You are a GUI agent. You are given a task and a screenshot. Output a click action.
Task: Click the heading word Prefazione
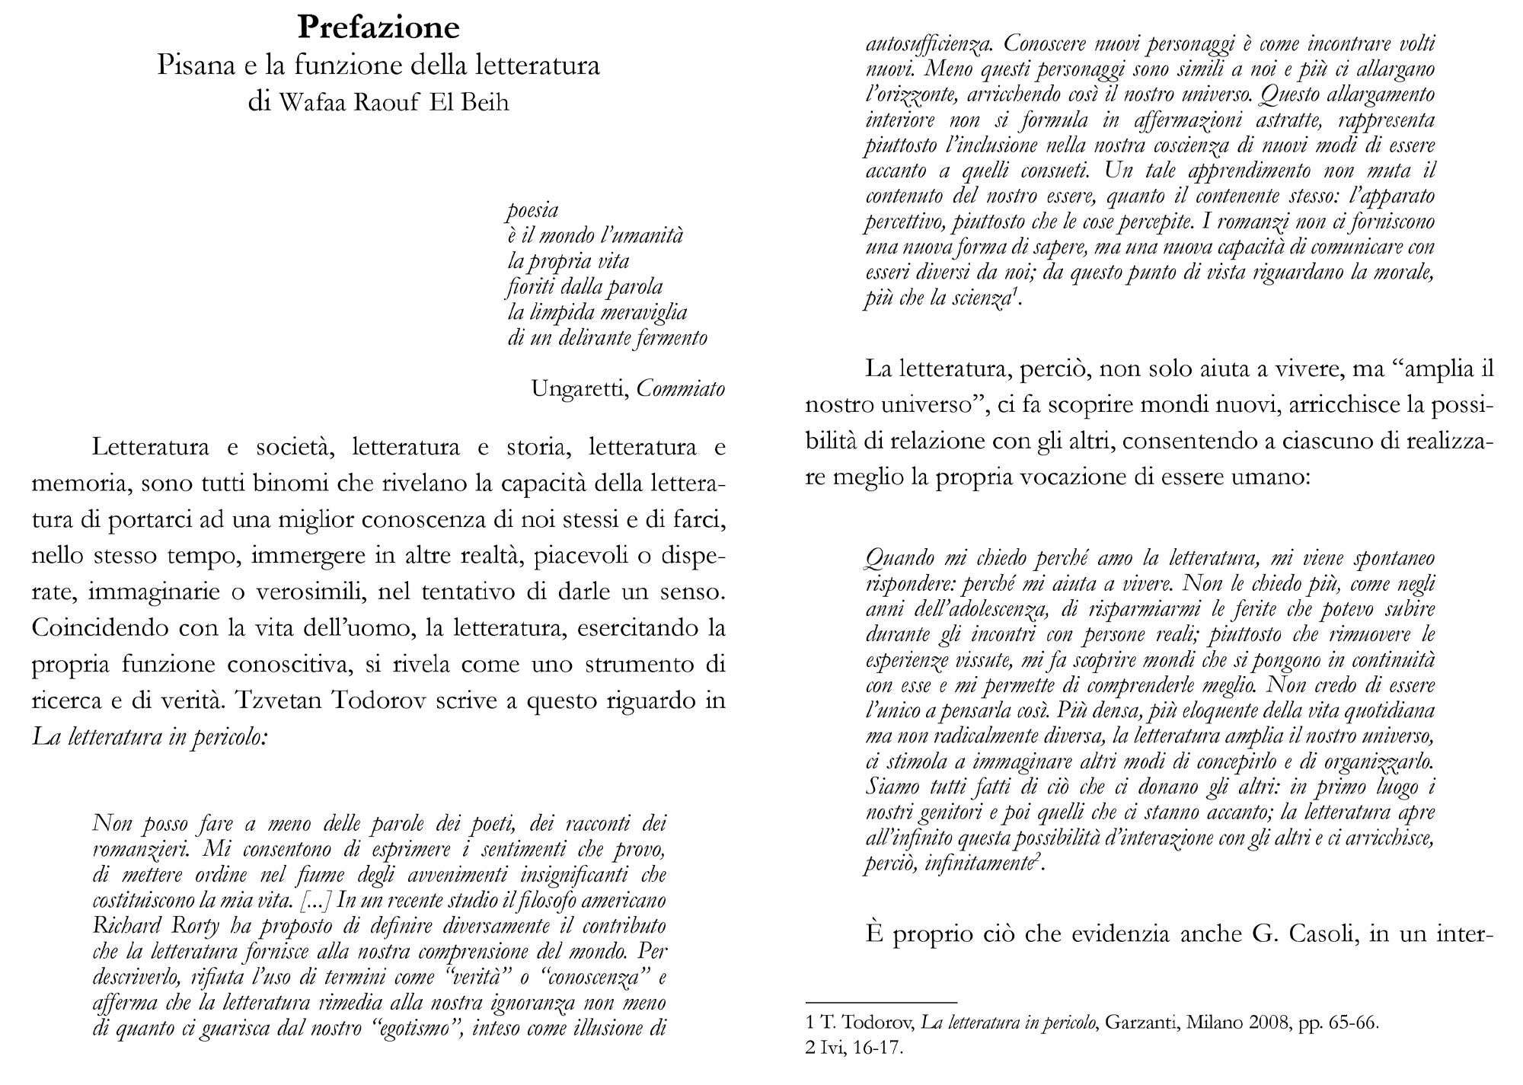[x=378, y=27]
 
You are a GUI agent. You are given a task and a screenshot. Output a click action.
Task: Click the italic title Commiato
[x=680, y=389]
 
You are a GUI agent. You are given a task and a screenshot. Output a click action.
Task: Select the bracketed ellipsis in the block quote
[x=314, y=902]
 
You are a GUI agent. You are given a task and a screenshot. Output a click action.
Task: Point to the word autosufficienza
[x=929, y=44]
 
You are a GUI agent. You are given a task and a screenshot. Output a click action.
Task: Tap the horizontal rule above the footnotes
[x=880, y=1003]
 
